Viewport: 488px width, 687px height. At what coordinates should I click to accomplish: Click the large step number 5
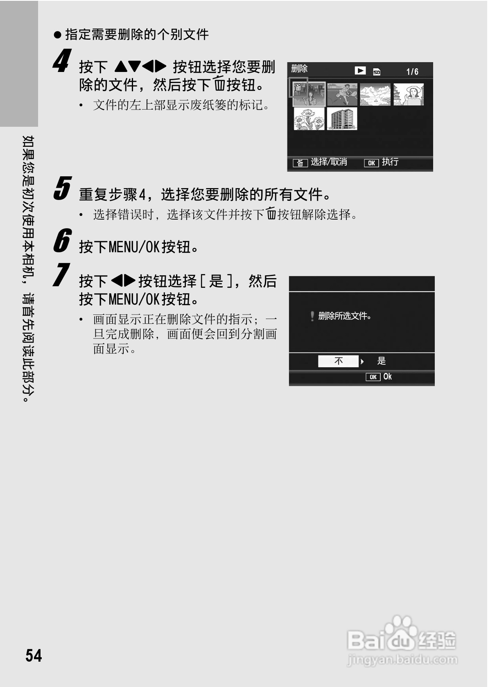point(63,189)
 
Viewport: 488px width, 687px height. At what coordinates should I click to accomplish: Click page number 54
point(34,656)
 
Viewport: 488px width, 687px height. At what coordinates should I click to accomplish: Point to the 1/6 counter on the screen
point(412,72)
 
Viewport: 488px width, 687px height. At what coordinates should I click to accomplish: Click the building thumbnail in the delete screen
point(342,119)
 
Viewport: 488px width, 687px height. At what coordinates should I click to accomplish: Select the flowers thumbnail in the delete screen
point(309,119)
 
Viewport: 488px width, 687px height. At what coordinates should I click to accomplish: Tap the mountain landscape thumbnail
point(375,94)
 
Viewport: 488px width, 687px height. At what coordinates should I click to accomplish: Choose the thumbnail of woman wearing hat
point(408,94)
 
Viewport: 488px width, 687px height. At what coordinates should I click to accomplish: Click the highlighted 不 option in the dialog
point(339,361)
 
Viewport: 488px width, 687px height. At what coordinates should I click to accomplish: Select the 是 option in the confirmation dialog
point(382,361)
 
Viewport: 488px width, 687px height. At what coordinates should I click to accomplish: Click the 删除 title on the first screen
point(299,69)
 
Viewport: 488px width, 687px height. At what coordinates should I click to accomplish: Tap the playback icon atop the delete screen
point(360,71)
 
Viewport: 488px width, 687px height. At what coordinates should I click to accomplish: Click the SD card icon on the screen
point(377,72)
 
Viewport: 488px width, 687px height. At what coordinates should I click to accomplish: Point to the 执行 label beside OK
point(390,162)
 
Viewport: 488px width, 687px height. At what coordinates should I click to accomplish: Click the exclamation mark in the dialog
point(312,316)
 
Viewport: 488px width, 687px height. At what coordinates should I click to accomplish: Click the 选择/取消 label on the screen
point(329,162)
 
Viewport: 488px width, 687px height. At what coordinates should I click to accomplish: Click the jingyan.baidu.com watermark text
point(402,660)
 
